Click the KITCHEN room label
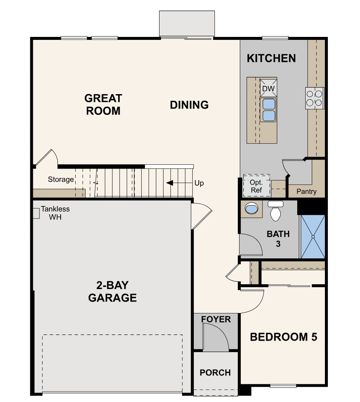[271, 58]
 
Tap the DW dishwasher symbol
[268, 88]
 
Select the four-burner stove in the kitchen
[315, 98]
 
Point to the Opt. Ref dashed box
[256, 186]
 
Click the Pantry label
[306, 192]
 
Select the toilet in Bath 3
[275, 211]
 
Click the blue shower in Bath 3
[312, 237]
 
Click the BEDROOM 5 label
[283, 337]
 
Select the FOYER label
[216, 319]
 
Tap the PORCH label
[215, 373]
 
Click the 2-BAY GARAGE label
[112, 291]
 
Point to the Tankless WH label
[55, 213]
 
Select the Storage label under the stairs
[61, 180]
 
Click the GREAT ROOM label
[103, 104]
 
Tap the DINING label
[189, 105]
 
